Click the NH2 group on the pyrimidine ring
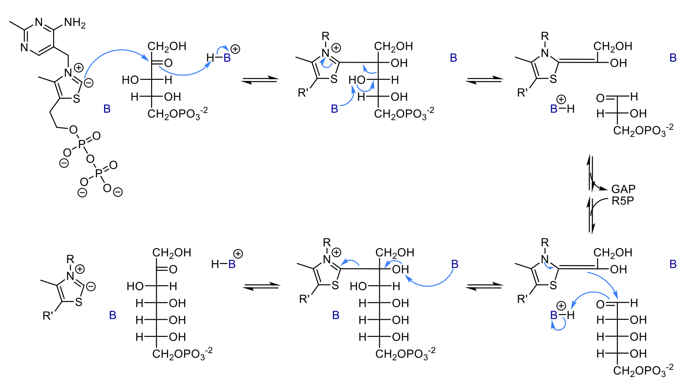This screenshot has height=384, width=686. point(75,23)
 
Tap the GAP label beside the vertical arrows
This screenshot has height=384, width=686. point(623,189)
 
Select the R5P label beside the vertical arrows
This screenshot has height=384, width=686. point(623,201)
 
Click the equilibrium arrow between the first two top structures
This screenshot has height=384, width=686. point(259,80)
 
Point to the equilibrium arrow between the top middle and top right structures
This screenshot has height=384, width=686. point(483,80)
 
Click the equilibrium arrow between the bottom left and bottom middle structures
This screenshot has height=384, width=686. point(261,286)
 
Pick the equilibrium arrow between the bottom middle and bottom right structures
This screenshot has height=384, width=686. point(483,286)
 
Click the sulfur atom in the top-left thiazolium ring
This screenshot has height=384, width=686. point(77,99)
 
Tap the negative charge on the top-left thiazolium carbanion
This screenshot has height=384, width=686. point(89,83)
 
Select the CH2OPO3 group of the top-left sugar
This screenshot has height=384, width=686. point(177,114)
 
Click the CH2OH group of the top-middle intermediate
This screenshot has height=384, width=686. point(394,46)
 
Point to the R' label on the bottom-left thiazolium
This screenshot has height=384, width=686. point(48,316)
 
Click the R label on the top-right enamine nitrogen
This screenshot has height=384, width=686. point(545,36)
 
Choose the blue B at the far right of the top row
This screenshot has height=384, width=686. point(673,58)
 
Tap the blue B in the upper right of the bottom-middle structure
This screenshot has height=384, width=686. point(455,264)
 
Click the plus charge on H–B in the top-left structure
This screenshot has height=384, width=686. point(235,49)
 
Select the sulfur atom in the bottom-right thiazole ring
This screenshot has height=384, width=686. point(553,285)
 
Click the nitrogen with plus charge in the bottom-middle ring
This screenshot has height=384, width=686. point(327,259)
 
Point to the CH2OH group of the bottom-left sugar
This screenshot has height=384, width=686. point(172,253)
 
